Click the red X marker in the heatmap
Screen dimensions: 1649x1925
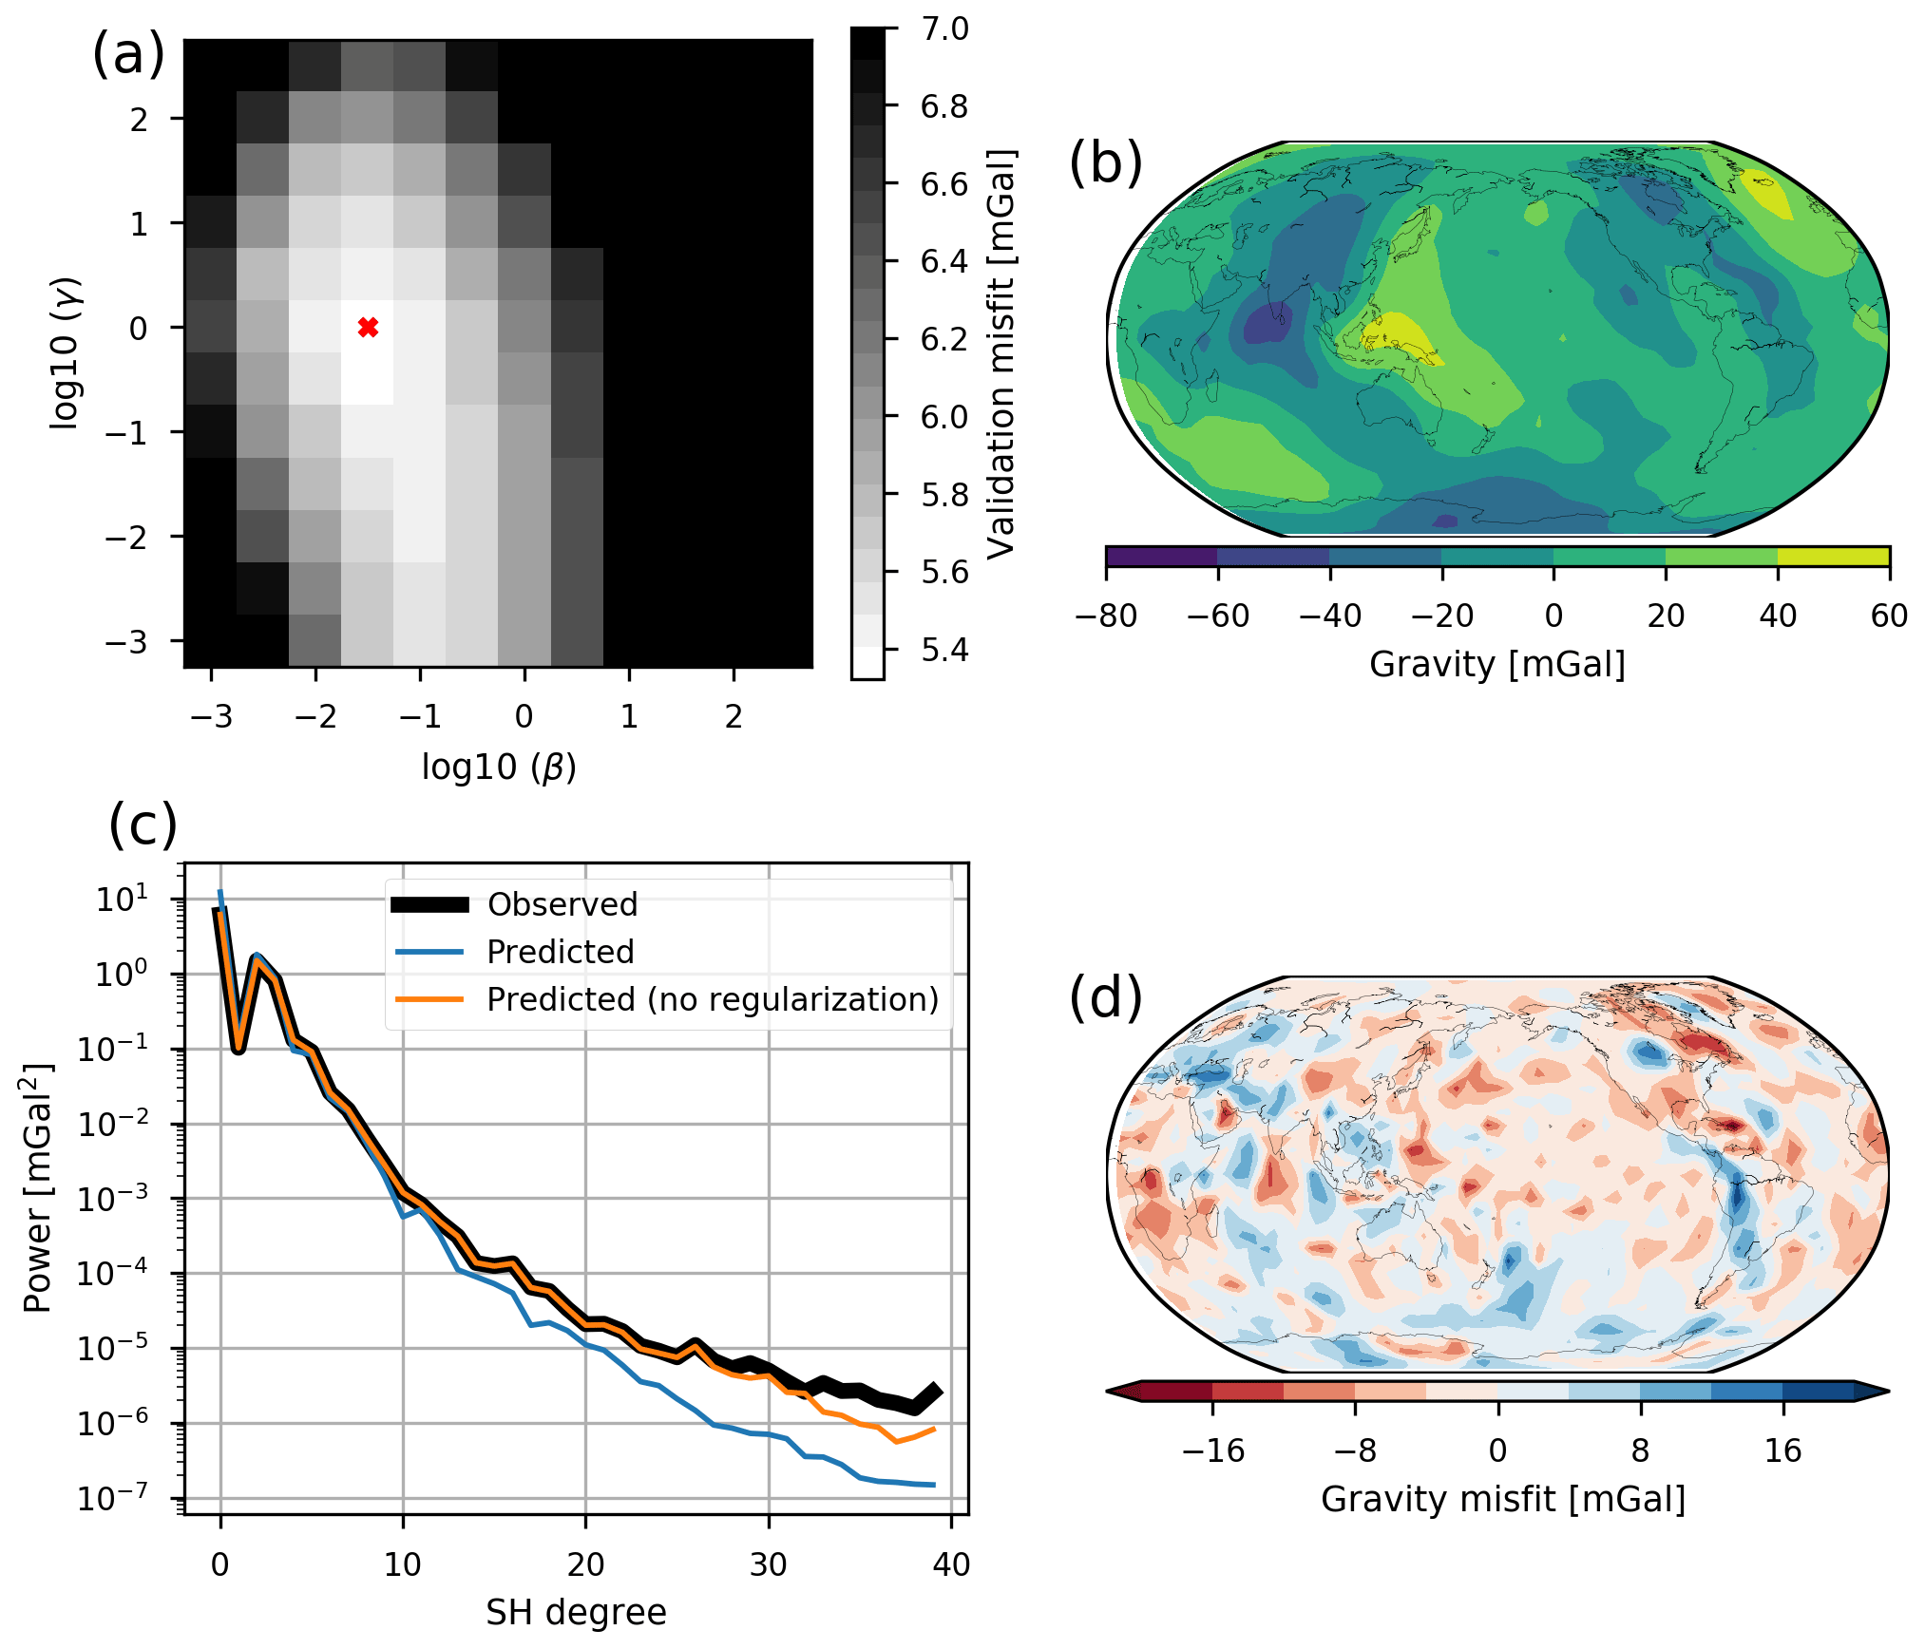pos(369,328)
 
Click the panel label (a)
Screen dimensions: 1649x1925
pos(128,54)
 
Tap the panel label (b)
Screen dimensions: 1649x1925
pos(1105,162)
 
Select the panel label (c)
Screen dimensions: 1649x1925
pos(143,824)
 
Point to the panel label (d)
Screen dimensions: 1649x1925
pos(1105,996)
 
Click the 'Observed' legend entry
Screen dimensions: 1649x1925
pos(562,904)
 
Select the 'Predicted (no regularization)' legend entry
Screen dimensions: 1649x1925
pos(712,999)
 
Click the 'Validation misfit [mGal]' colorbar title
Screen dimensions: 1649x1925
pos(1002,353)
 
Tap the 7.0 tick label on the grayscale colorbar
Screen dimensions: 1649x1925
pos(944,28)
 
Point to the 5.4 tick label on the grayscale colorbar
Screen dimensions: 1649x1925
pos(944,650)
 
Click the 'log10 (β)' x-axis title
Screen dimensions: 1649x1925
pos(499,767)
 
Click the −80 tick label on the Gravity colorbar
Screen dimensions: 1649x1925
pos(1106,616)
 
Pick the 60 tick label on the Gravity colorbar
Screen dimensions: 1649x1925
pos(1889,616)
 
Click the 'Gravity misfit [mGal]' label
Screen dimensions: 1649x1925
pos(1503,1499)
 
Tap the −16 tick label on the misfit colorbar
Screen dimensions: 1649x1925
pos(1212,1450)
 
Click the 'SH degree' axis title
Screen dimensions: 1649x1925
pos(576,1612)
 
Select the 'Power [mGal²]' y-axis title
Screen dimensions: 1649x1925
pos(38,1187)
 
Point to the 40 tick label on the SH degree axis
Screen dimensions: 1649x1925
pos(951,1564)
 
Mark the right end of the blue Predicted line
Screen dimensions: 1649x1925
pos(935,1484)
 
